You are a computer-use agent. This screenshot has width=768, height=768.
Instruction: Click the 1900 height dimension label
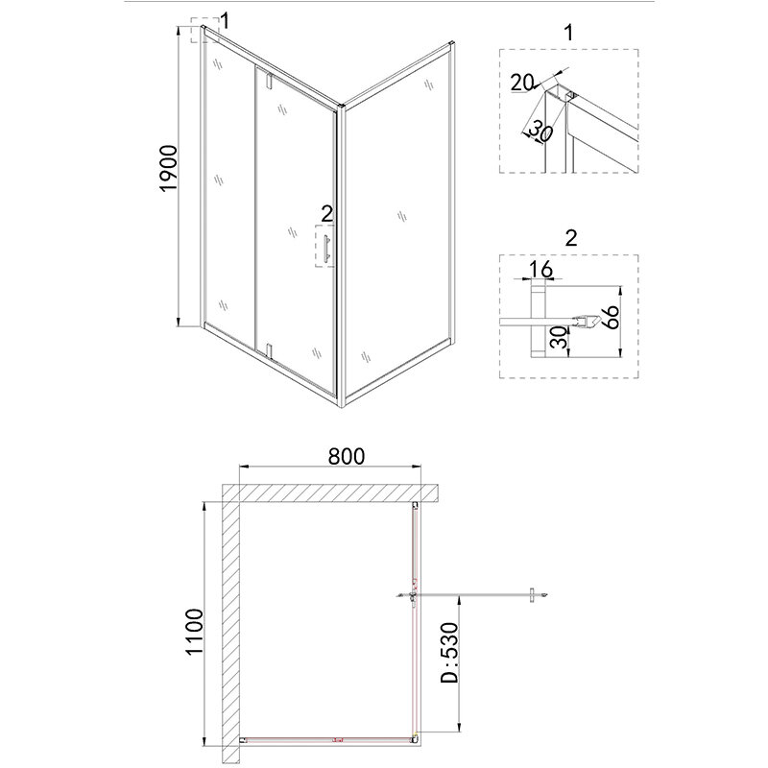(169, 169)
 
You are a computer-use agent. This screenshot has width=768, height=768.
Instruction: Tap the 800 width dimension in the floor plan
(347, 457)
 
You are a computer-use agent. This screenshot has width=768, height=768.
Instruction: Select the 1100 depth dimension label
(194, 632)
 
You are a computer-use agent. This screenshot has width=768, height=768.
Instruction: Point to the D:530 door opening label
(449, 653)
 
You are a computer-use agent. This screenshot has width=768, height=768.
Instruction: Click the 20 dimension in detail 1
(521, 83)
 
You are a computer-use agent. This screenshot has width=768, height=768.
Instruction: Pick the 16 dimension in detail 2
(540, 269)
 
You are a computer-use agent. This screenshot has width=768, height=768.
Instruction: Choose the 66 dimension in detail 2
(611, 317)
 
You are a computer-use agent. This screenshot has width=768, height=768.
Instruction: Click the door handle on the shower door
(326, 247)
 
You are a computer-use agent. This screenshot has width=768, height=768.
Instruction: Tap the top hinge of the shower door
(268, 81)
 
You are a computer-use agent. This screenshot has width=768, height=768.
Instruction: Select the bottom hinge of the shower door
(269, 351)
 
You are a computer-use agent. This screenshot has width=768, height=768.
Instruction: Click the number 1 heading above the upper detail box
(568, 33)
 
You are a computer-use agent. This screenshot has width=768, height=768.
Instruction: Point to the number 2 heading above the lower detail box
(571, 238)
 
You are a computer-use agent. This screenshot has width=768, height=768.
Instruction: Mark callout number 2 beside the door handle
(326, 214)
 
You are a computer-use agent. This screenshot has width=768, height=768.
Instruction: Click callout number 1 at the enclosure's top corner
(225, 21)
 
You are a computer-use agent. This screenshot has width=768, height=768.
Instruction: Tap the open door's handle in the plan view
(532, 595)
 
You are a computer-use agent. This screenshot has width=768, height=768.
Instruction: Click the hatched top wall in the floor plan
(329, 493)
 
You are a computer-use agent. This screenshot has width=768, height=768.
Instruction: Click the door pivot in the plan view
(415, 596)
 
